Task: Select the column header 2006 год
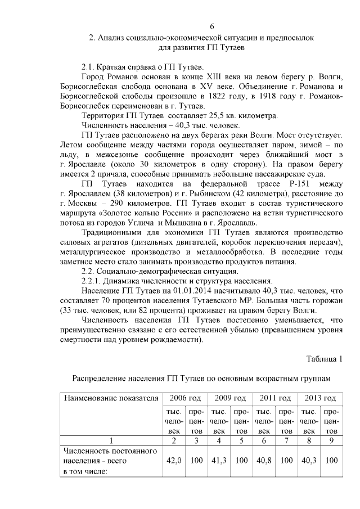pyautogui.click(x=185, y=398)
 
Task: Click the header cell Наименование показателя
pyautogui.click(x=111, y=398)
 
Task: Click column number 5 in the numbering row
pyautogui.click(x=241, y=441)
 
